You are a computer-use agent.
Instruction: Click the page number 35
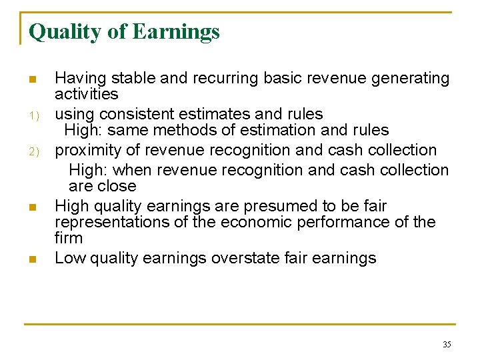tap(447, 344)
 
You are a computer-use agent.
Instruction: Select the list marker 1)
tap(32, 115)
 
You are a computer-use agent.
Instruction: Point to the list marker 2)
tap(32, 151)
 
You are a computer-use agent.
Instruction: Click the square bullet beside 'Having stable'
tap(32, 80)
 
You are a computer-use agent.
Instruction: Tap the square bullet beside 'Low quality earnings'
tap(32, 259)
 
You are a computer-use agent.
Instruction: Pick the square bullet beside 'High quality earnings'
tap(32, 207)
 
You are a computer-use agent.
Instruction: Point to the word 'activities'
tap(87, 95)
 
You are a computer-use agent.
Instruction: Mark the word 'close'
tap(117, 186)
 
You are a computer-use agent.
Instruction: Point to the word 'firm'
tap(69, 238)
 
